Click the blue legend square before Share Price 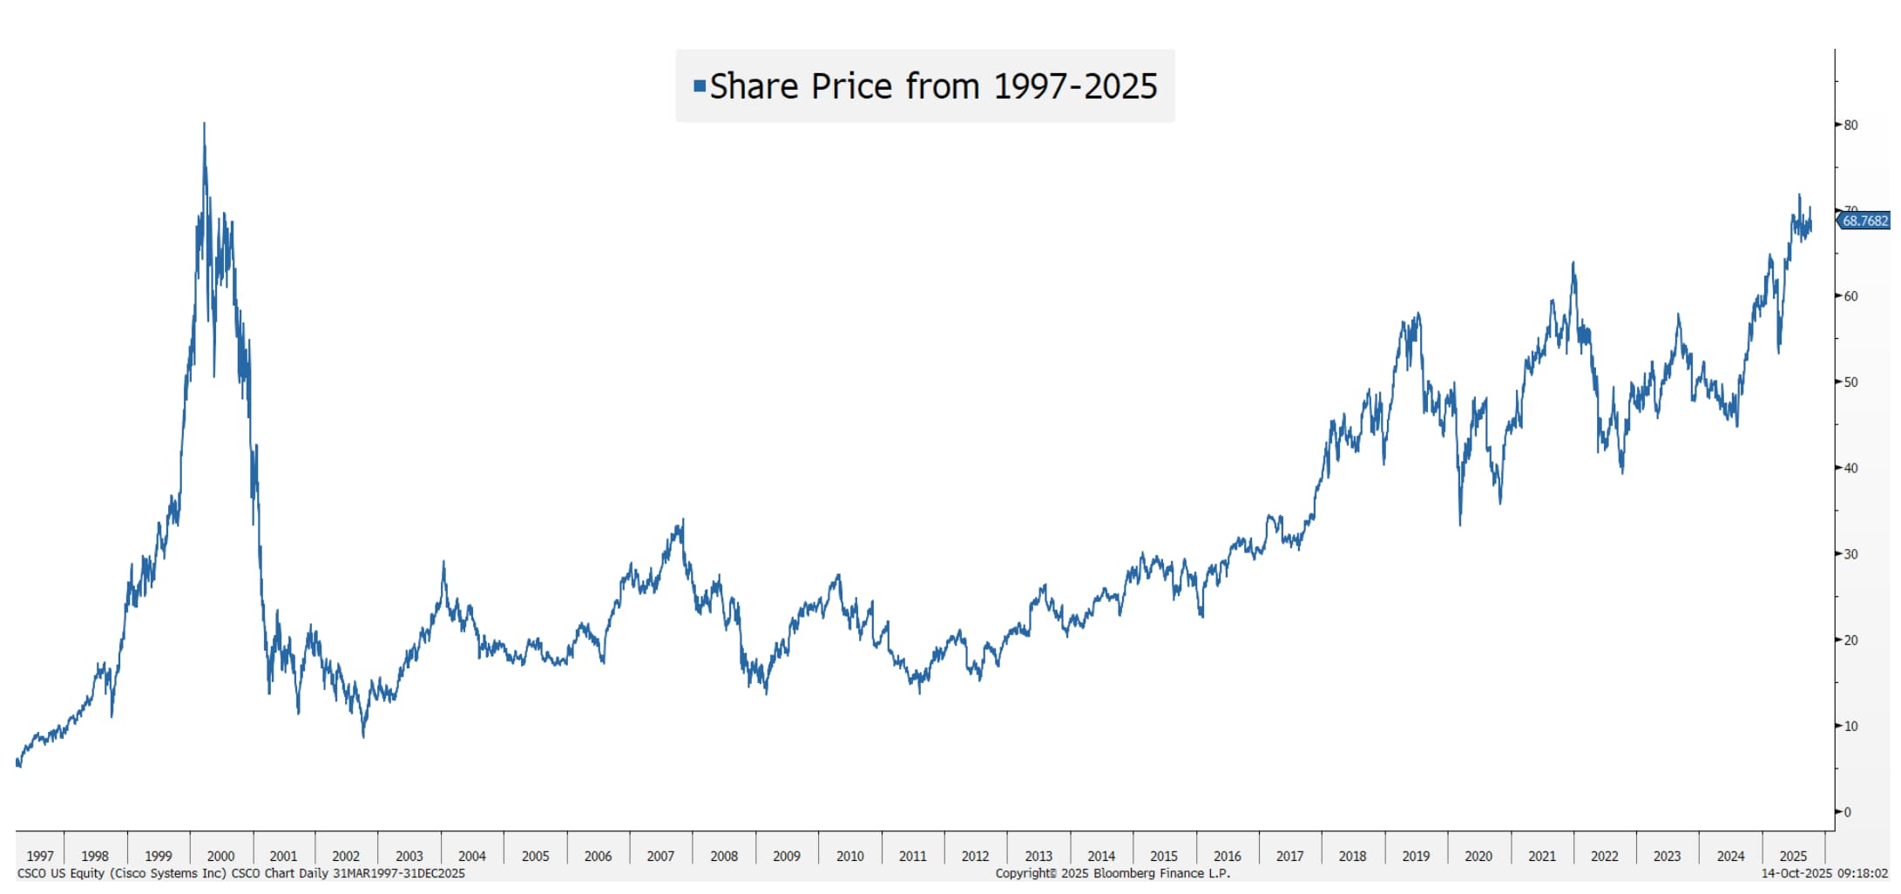tap(699, 86)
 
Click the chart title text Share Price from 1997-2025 tap(933, 86)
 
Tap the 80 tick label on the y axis tap(1850, 125)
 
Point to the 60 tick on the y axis tap(1850, 296)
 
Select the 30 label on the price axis tap(1850, 554)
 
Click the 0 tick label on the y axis tap(1847, 812)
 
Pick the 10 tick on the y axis tap(1850, 726)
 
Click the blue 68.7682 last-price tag tap(1864, 221)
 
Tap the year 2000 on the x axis tap(220, 856)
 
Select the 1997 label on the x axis tap(40, 856)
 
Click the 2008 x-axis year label tap(724, 856)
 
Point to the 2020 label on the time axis tap(1478, 856)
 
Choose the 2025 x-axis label tap(1793, 856)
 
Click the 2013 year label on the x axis tap(1038, 856)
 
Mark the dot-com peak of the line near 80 tap(204, 125)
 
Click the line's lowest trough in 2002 tap(363, 736)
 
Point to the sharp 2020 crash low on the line tap(1460, 523)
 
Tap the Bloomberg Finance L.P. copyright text tap(1113, 873)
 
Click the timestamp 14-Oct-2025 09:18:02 tap(1824, 873)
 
